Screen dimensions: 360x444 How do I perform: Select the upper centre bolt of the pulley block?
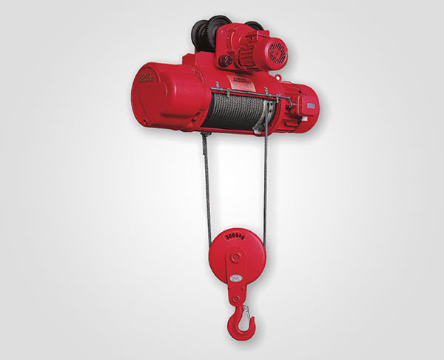[x=235, y=256]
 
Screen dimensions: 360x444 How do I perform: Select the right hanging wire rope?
[x=264, y=185]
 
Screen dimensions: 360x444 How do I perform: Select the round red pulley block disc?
[x=235, y=256]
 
